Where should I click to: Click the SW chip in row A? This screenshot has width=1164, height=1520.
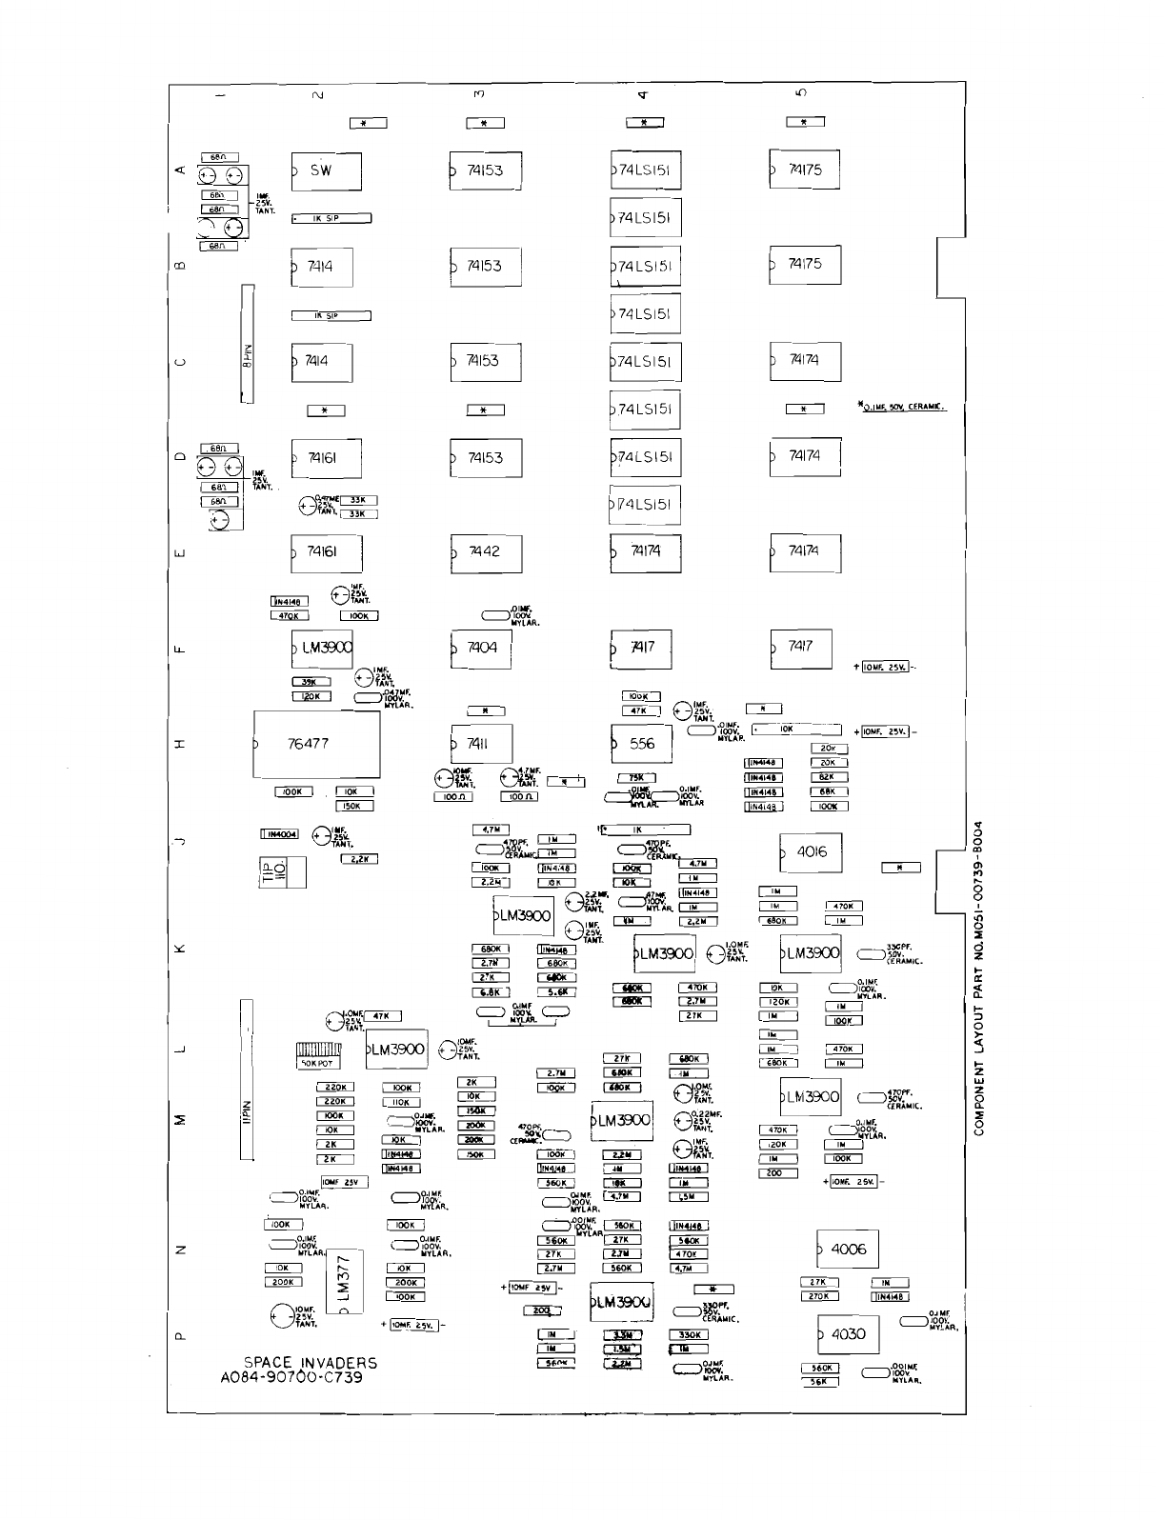point(326,171)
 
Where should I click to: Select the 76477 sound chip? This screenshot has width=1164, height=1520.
point(316,744)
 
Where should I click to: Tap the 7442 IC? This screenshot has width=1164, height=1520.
point(486,552)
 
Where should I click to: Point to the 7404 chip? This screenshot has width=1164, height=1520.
point(482,648)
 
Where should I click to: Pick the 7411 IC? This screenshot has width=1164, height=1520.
point(481,744)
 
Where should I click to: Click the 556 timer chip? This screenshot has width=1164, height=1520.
point(641,744)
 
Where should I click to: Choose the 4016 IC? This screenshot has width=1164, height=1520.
point(812,852)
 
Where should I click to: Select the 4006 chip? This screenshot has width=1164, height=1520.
point(848,1249)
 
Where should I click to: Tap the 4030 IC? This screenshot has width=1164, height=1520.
point(848,1334)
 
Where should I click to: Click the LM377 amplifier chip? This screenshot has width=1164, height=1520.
point(344,1281)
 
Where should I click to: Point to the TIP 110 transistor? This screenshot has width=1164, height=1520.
point(283,872)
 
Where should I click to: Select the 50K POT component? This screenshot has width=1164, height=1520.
point(313,1055)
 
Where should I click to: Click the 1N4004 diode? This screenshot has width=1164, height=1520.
point(279,834)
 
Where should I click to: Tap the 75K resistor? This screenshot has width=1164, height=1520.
point(636,778)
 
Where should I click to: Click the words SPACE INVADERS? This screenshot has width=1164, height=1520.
point(311,1363)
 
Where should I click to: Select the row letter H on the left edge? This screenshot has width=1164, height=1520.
point(180,744)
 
